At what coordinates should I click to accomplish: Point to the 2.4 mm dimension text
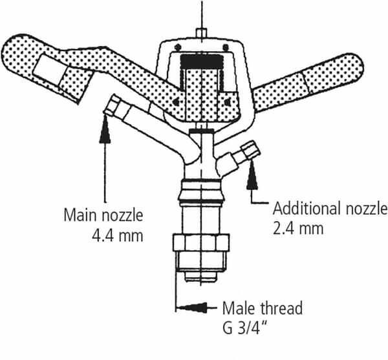click(298, 228)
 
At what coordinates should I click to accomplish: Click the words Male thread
click(263, 308)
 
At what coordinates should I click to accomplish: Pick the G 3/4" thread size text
click(245, 328)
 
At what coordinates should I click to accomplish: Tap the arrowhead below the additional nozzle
click(252, 175)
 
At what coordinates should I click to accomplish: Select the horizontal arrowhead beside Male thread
click(193, 308)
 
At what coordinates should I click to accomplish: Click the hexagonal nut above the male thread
click(201, 242)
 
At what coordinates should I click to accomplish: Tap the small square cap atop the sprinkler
click(201, 34)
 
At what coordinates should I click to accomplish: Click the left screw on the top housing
click(178, 47)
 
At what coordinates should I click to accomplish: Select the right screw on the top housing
click(226, 47)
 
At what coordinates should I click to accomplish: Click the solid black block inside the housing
click(201, 61)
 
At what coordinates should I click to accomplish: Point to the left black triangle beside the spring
click(176, 101)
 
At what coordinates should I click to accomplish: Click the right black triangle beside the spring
click(227, 101)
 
